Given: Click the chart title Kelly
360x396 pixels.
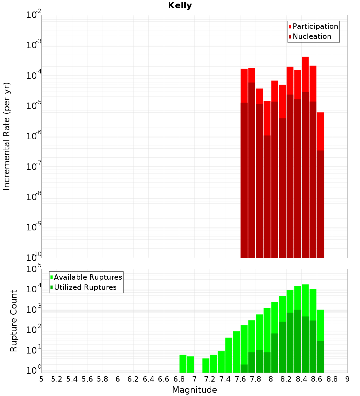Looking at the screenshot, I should click(180, 6).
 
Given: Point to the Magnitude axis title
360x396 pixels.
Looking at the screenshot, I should click(194, 390).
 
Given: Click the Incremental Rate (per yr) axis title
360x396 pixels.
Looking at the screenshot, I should click(7, 136).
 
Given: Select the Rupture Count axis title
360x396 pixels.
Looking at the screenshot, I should click(14, 320).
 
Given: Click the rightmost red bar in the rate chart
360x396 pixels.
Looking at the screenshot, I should click(320, 180).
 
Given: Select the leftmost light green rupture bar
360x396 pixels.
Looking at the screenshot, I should click(183, 364).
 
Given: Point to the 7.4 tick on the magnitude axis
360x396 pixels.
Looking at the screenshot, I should click(225, 379).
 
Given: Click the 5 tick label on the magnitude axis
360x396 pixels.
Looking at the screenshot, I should click(41, 379).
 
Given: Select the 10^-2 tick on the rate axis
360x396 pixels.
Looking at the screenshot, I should click(34, 15).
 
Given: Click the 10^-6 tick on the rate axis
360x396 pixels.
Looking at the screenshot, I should click(34, 136).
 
